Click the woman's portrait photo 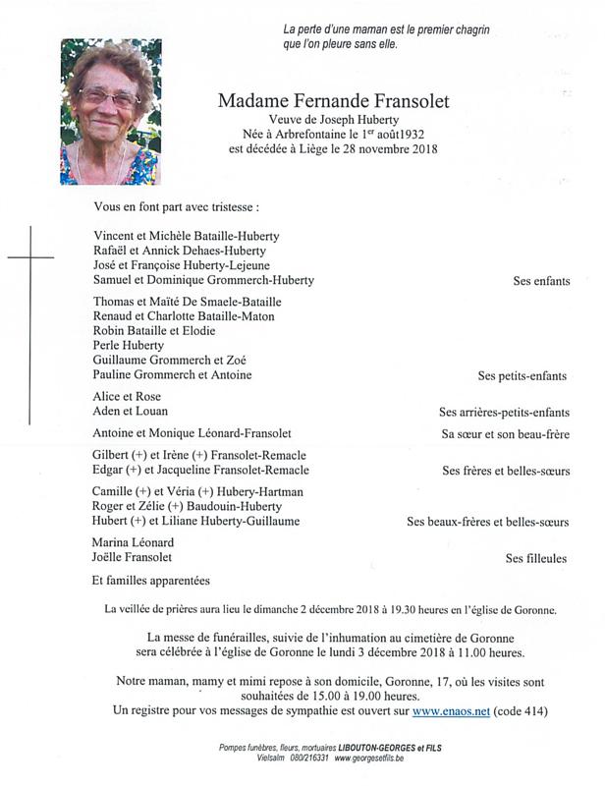point(110,112)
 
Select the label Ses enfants point(541,281)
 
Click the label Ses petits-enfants point(522,376)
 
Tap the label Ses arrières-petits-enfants point(504,413)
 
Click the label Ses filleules point(536,558)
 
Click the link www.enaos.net point(451,709)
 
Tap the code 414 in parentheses point(521,709)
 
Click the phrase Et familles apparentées point(151,581)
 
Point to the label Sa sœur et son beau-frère point(506,434)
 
